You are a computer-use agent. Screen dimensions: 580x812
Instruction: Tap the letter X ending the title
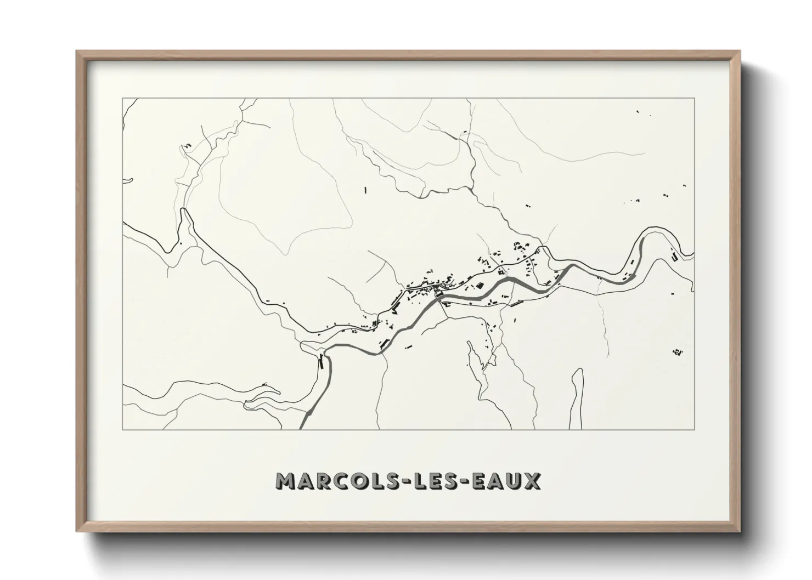531,481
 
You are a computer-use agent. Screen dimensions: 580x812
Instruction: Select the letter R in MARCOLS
325,481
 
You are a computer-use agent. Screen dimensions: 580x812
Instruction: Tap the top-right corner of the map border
695,99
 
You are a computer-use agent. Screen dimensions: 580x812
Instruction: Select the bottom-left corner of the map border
123,429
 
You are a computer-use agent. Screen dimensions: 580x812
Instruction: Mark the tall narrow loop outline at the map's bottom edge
576,395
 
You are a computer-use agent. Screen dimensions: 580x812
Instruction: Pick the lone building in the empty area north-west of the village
365,190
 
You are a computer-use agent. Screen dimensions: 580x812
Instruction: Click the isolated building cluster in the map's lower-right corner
678,351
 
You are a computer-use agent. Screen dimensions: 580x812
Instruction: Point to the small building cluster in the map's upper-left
187,145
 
